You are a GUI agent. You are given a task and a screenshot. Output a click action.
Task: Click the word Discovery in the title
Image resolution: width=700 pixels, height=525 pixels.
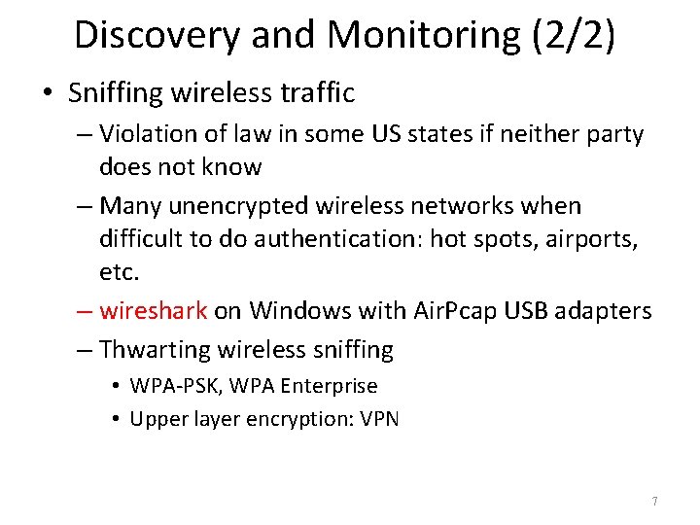[x=157, y=35]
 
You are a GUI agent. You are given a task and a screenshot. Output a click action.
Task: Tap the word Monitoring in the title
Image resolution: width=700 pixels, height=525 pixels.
[x=415, y=35]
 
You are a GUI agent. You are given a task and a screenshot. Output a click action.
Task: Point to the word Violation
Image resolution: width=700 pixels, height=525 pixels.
[x=148, y=134]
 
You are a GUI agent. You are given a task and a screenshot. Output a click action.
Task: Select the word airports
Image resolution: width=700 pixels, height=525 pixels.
[x=596, y=238]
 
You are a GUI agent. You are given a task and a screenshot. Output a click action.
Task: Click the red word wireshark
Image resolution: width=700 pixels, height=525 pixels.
[x=154, y=311]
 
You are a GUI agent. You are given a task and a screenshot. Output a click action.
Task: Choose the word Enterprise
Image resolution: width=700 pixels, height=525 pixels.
[x=328, y=386]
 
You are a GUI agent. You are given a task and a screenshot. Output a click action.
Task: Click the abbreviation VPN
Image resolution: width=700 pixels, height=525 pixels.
[x=379, y=419]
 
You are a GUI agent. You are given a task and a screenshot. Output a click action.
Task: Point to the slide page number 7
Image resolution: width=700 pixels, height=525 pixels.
[x=654, y=502]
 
